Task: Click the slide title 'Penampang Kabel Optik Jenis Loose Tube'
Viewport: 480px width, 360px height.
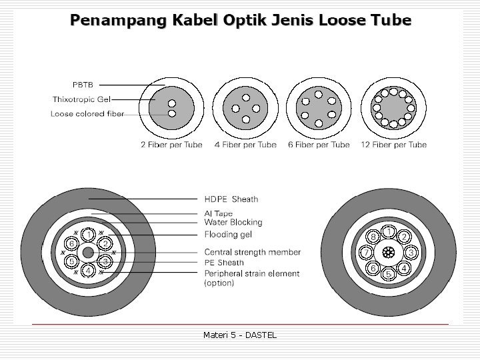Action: (241, 20)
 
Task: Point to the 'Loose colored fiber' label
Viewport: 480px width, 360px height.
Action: (87, 114)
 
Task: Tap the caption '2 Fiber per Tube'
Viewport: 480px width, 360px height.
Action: (171, 145)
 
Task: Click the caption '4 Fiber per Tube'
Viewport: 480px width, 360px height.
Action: (245, 145)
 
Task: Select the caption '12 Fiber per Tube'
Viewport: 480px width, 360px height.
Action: (393, 145)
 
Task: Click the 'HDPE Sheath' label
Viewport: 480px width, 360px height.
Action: (231, 199)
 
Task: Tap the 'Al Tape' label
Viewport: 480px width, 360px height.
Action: (218, 213)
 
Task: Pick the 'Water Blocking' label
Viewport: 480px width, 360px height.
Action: (233, 222)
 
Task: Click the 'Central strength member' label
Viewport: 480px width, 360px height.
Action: (252, 252)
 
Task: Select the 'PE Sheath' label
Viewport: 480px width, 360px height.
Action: (224, 263)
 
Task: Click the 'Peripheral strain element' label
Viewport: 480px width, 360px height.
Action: (251, 273)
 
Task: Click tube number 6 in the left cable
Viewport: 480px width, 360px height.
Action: (71, 244)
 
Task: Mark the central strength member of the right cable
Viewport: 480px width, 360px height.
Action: (389, 253)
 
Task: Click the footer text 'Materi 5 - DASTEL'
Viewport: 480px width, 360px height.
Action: (239, 335)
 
